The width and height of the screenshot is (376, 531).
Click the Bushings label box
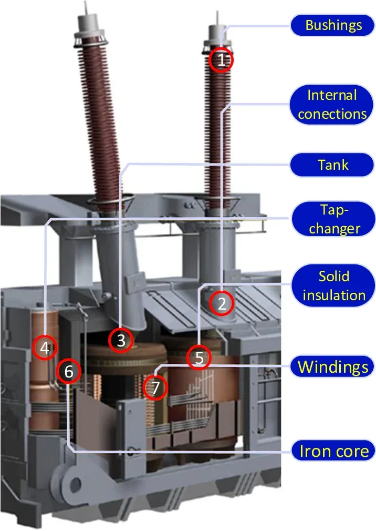[x=333, y=25]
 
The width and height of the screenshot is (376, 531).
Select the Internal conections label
[x=332, y=105]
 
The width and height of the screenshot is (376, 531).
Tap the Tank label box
[x=333, y=165]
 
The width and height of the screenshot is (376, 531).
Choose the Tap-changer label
[x=333, y=219]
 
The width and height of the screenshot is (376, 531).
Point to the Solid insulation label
[x=333, y=285]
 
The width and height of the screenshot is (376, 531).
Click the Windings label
[x=333, y=366]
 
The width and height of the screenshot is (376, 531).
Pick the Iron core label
[x=334, y=451]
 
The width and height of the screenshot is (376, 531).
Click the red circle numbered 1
[x=222, y=60]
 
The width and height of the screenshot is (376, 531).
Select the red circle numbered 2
[x=222, y=303]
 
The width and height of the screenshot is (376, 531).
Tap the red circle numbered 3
[x=121, y=340]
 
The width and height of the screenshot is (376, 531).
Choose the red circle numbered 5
[x=200, y=358]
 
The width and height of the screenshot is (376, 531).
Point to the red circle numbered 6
[x=69, y=372]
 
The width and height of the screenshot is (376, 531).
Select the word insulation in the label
[x=333, y=295]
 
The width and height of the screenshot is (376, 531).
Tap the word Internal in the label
[x=332, y=95]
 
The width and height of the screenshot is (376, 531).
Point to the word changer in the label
[x=334, y=228]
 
